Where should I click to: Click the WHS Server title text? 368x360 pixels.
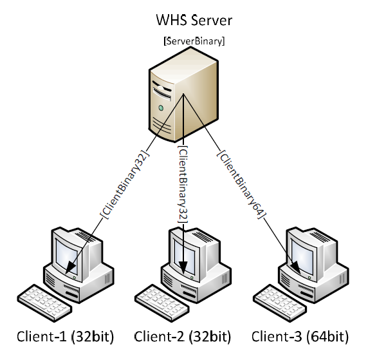[194, 20]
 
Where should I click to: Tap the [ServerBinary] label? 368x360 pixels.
[194, 41]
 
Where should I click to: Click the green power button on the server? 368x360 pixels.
[161, 108]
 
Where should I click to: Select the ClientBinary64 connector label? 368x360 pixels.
[242, 184]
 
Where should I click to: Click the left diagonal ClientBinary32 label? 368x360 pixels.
[125, 184]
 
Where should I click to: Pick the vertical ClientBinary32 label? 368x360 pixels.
[183, 184]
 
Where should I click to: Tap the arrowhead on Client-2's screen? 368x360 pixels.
[183, 267]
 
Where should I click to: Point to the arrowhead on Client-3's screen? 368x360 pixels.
[296, 267]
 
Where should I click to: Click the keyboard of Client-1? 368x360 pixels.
[44, 303]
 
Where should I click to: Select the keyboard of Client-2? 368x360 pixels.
[162, 303]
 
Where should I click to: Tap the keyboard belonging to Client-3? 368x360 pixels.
[280, 303]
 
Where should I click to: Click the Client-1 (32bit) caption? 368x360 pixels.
[65, 337]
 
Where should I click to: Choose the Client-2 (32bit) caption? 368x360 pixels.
[183, 337]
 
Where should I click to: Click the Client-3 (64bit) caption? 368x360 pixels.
[300, 337]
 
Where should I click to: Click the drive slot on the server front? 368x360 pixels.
[162, 93]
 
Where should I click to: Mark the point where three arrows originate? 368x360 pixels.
[183, 94]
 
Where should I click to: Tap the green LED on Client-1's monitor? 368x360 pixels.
[74, 278]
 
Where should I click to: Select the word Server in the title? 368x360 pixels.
[212, 20]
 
